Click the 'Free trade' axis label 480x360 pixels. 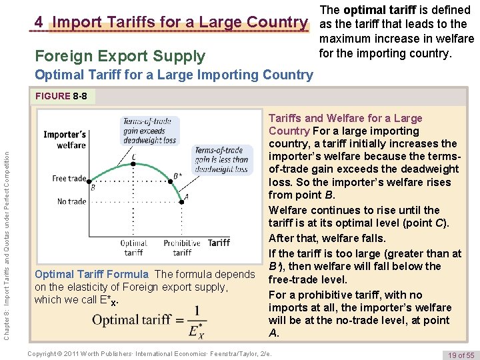point(69,179)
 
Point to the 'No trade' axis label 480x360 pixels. point(71,201)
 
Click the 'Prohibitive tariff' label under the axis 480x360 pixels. point(182,247)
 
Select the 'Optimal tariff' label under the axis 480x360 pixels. point(134,247)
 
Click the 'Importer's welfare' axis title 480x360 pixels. point(65,140)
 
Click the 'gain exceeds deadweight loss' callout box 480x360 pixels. point(149,131)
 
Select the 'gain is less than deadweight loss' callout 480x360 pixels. point(221,159)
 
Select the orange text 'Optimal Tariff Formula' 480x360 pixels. point(91,274)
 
